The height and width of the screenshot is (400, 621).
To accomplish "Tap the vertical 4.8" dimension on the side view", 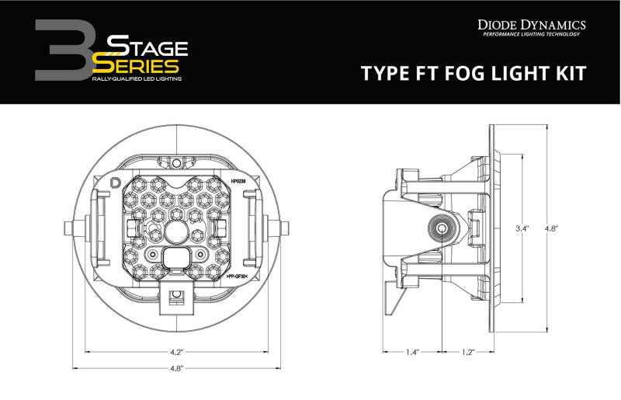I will pyautogui.click(x=552, y=229).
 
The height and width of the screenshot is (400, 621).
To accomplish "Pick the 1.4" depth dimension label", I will pyautogui.click(x=412, y=353).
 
